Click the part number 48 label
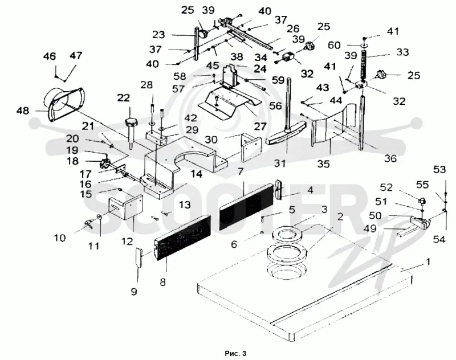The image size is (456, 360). tap(23, 111)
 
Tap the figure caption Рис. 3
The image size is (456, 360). tap(235, 353)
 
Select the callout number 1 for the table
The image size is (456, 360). tap(427, 262)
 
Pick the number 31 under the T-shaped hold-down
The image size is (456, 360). tap(280, 163)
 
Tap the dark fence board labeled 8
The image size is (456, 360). tap(182, 238)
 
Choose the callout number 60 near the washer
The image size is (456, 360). tap(333, 46)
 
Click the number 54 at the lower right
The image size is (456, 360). tap(439, 239)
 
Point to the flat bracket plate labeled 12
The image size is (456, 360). tap(126, 207)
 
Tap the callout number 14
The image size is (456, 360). tap(196, 174)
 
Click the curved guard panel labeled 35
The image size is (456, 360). tap(335, 127)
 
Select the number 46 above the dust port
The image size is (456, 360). tap(49, 56)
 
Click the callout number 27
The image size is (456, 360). tap(260, 126)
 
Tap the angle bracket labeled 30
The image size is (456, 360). tap(251, 148)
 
